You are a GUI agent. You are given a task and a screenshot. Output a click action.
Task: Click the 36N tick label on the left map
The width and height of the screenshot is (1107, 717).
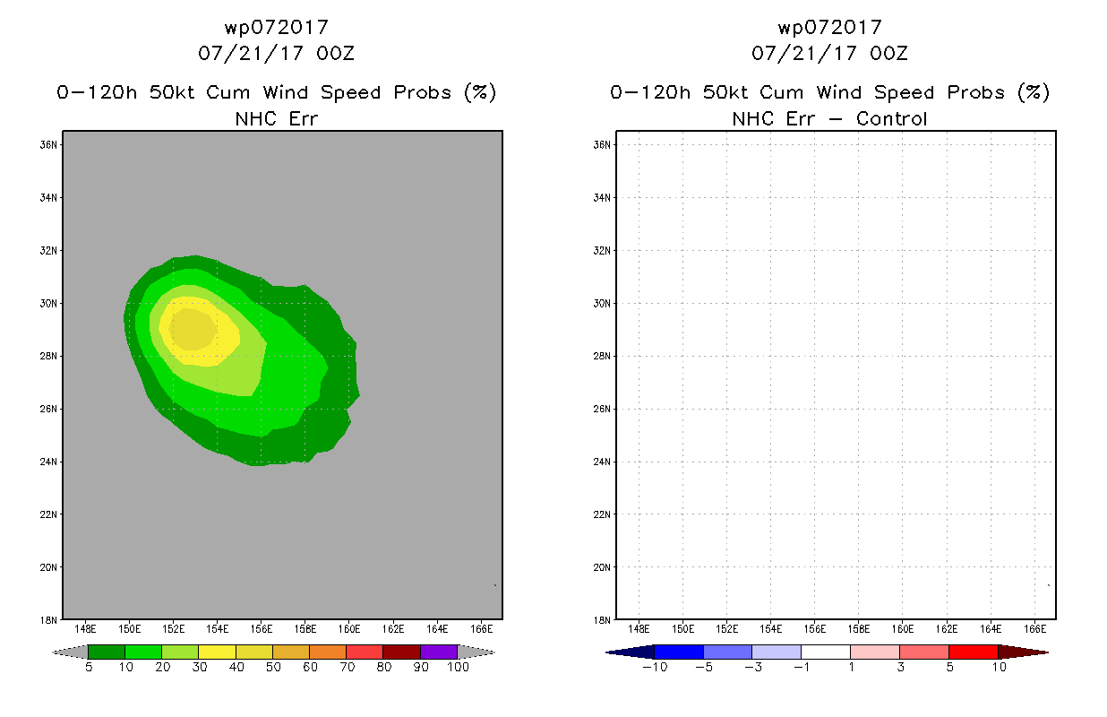click(48, 145)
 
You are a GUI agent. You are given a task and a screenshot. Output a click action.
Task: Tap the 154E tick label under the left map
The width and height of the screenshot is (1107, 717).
click(218, 629)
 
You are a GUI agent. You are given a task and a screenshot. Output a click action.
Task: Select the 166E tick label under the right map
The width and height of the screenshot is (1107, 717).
click(1034, 629)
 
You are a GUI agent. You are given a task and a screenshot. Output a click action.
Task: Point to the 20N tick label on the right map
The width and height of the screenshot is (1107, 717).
click(602, 567)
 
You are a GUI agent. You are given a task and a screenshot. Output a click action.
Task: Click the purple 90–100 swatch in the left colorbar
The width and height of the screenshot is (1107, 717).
click(439, 652)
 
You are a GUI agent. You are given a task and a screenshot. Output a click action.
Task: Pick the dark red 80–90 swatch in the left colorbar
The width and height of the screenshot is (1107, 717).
click(402, 652)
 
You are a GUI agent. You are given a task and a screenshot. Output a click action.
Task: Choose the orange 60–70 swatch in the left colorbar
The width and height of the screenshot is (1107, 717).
click(328, 652)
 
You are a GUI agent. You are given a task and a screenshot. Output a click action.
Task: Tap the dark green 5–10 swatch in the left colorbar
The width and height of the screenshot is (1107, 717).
click(107, 652)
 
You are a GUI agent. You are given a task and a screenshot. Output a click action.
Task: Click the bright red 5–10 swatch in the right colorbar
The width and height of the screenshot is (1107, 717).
click(974, 652)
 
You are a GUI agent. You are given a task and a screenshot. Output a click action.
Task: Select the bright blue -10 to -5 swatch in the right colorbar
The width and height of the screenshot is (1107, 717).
click(679, 652)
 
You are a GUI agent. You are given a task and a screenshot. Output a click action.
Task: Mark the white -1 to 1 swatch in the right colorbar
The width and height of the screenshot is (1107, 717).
click(826, 652)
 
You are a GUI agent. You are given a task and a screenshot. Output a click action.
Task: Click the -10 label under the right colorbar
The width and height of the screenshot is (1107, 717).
click(655, 668)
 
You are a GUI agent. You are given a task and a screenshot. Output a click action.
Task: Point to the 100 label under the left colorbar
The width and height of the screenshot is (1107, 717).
click(459, 668)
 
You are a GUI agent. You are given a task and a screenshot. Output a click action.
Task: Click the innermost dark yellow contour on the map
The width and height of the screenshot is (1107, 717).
click(193, 329)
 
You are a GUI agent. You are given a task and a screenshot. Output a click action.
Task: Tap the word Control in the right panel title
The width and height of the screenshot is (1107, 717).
click(891, 119)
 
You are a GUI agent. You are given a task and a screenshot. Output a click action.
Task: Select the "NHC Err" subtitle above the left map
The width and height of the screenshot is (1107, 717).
click(277, 119)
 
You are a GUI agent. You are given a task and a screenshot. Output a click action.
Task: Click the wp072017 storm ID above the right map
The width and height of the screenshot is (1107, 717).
click(830, 28)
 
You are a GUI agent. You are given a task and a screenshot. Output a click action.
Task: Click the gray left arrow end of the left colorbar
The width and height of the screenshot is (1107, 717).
click(70, 652)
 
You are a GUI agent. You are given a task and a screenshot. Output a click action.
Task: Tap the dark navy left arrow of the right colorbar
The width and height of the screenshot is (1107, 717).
click(631, 652)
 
